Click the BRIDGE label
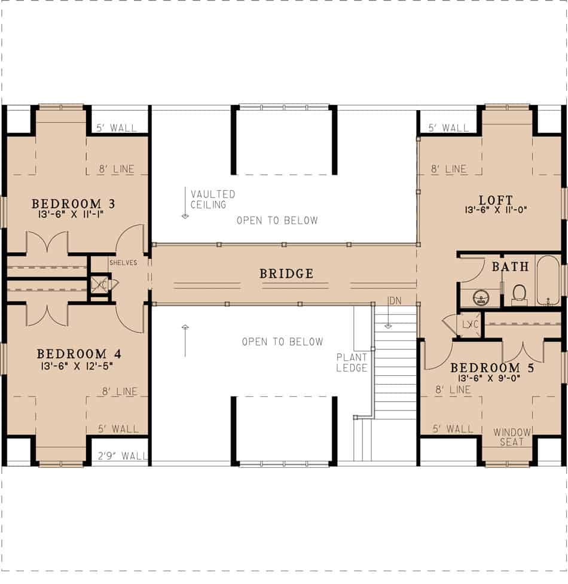286,274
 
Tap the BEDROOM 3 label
73,204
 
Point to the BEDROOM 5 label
491,367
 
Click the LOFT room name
496,200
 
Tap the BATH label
510,267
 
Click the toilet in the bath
519,293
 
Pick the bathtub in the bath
547,281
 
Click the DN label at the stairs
395,300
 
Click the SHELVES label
123,263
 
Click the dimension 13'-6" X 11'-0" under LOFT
496,210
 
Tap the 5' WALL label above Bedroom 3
116,128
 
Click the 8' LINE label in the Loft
448,169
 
